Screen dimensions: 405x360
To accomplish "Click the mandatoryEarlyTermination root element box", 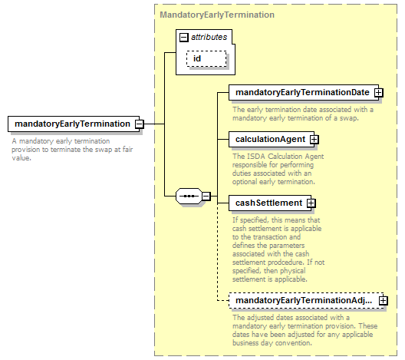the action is [74, 124].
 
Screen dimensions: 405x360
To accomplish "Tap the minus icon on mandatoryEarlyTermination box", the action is [140, 124].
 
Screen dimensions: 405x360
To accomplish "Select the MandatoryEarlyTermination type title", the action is [217, 15].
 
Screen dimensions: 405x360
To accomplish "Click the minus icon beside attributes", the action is [183, 38].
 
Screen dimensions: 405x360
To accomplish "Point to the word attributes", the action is [209, 37].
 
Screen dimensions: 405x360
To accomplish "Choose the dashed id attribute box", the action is [206, 58].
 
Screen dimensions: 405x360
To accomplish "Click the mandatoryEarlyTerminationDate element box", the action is [304, 93].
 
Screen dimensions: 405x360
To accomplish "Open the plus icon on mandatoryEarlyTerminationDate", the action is [379, 93].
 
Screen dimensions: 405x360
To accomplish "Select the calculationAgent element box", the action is [272, 139].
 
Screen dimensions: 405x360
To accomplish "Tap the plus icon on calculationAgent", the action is [314, 140].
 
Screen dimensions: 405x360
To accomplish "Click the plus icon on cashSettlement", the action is [311, 203].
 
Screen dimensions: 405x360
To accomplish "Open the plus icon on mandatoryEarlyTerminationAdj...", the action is [384, 301].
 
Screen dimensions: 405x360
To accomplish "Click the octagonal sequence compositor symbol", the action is [189, 197].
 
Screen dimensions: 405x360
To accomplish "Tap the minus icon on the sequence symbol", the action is [206, 197].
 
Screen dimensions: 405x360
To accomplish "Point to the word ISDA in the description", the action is [256, 157].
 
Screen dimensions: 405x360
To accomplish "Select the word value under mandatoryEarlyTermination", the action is [21, 158].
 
